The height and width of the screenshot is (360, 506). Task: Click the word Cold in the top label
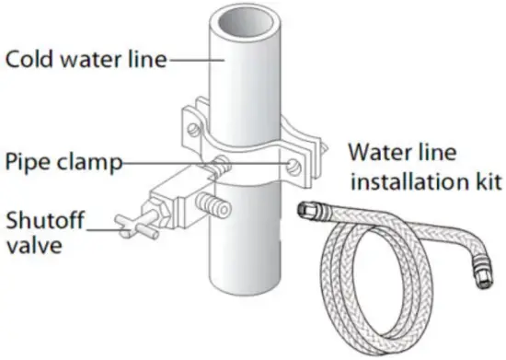coord(28,60)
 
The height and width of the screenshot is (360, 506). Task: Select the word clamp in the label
coord(86,164)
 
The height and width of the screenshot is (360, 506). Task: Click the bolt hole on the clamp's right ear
coord(293,165)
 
